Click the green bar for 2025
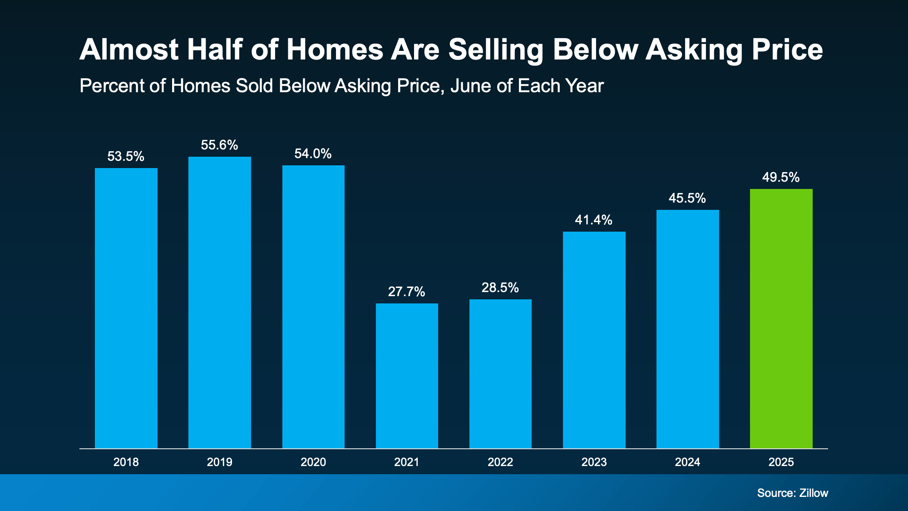click(781, 318)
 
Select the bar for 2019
click(220, 302)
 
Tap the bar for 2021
click(407, 376)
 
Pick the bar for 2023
click(594, 340)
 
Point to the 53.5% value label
click(126, 157)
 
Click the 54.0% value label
click(313, 154)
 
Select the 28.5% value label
click(500, 288)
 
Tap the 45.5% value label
click(687, 198)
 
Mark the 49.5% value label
click(780, 177)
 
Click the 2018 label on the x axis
click(126, 462)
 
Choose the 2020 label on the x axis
click(313, 462)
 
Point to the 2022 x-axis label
click(500, 462)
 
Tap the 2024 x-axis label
click(687, 462)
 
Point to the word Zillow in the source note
click(814, 493)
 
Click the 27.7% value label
click(406, 292)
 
